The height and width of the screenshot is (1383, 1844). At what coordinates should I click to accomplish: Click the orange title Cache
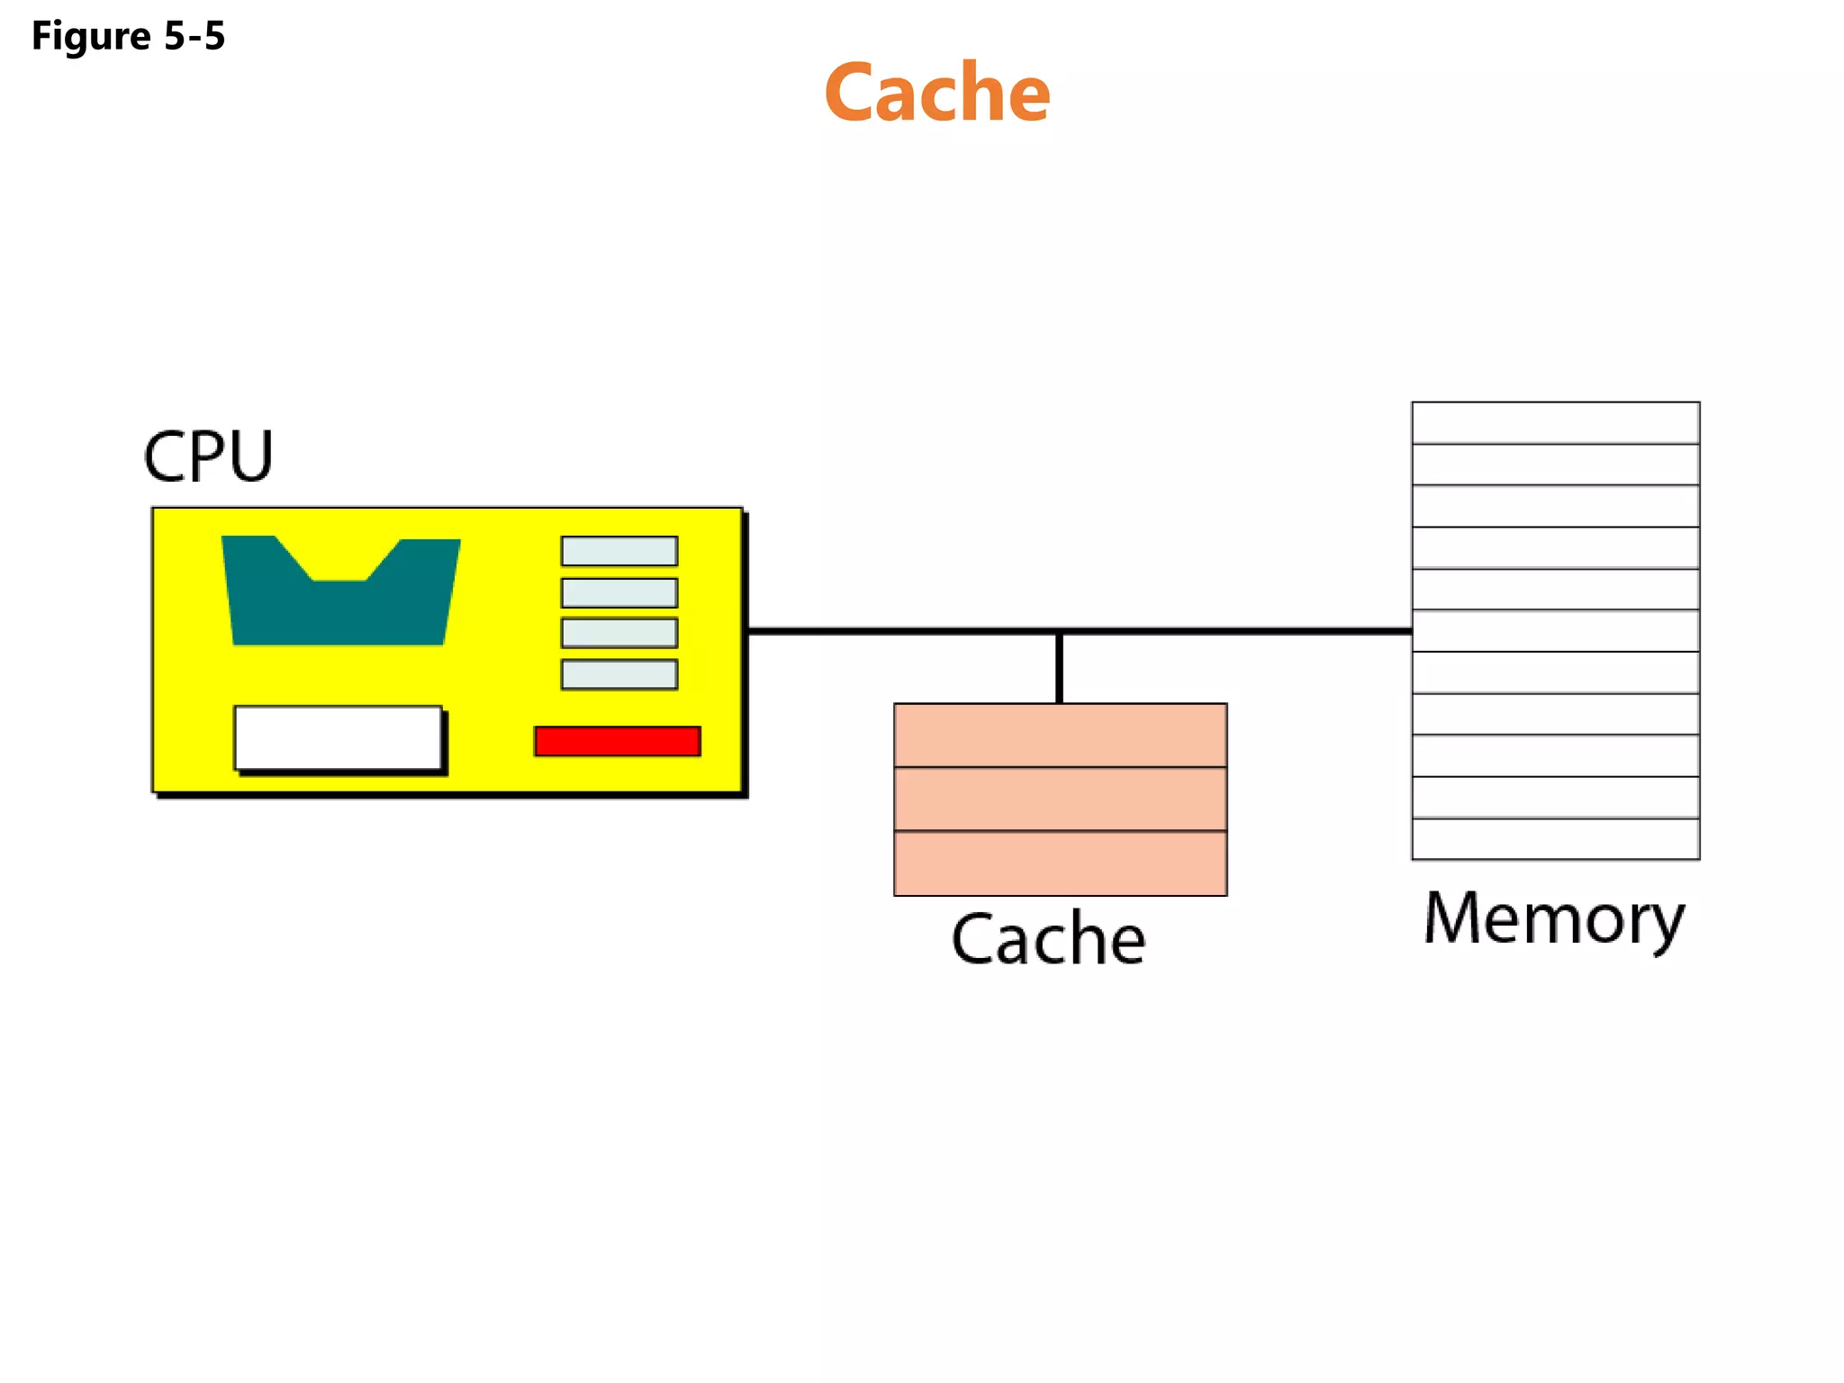[x=936, y=93]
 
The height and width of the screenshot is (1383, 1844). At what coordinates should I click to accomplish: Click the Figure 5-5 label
[x=128, y=36]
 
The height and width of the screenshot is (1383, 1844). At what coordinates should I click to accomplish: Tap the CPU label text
[x=208, y=456]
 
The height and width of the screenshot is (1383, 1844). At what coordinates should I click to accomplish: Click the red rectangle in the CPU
[x=617, y=741]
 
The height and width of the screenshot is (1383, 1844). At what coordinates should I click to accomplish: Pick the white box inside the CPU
[x=338, y=737]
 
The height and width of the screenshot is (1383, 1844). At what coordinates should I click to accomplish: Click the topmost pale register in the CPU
[x=619, y=551]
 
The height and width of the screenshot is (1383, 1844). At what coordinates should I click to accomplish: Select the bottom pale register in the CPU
[x=619, y=674]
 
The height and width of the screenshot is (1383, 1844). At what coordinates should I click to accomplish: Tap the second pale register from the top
[x=619, y=592]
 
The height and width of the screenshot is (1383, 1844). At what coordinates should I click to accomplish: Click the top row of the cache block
[x=1060, y=736]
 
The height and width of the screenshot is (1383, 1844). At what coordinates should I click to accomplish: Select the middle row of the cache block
[x=1060, y=799]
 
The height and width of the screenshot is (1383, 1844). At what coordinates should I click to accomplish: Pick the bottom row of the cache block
[x=1060, y=863]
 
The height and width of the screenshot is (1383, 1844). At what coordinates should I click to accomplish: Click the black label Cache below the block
[x=1048, y=939]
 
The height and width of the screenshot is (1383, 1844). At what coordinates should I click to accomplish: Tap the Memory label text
[x=1554, y=918]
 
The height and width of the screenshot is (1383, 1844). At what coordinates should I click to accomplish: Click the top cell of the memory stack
[x=1555, y=423]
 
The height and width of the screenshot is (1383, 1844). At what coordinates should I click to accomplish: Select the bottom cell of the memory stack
[x=1555, y=839]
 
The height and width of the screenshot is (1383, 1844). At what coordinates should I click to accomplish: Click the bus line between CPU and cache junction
[x=900, y=631]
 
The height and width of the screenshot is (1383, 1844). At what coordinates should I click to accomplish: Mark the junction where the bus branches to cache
[x=1060, y=632]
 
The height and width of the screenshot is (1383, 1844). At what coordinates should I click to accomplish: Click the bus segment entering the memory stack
[x=1306, y=631]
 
